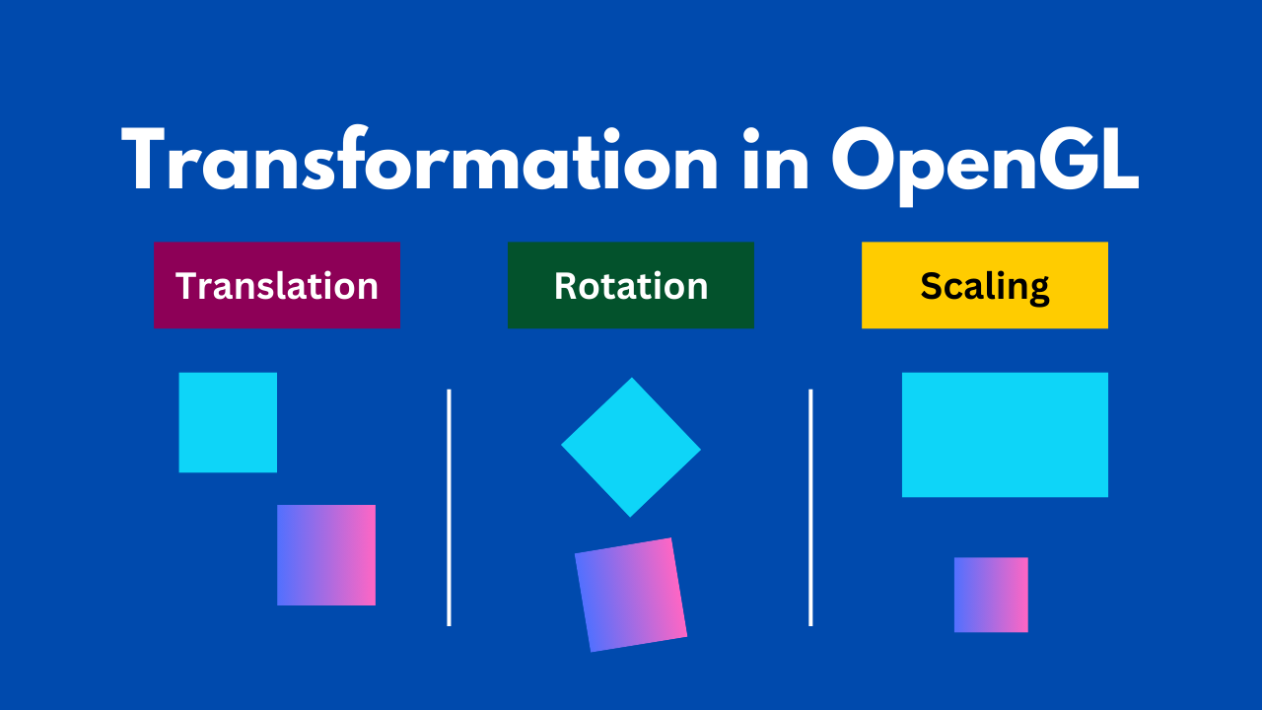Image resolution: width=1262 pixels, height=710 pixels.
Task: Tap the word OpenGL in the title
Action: [985, 165]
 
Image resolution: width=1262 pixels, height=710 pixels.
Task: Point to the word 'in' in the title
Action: [776, 160]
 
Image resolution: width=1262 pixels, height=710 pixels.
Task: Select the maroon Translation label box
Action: [277, 285]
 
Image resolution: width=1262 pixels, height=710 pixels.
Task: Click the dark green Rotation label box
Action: [631, 285]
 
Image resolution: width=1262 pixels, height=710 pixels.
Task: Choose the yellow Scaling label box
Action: [985, 285]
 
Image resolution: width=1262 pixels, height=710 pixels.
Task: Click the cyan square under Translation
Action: [228, 422]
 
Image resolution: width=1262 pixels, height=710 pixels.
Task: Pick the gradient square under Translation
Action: [326, 555]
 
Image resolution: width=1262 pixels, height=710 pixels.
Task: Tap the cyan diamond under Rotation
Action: [631, 448]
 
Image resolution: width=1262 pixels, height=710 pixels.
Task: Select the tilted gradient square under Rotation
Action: [631, 595]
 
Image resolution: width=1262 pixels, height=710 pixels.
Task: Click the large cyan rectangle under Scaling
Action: [1005, 435]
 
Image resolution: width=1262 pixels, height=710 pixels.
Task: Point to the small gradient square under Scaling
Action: [991, 595]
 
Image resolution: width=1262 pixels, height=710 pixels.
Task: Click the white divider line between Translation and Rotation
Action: [449, 507]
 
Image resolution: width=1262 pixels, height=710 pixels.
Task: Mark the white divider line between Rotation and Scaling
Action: [810, 507]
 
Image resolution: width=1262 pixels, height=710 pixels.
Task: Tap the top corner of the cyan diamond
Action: [632, 378]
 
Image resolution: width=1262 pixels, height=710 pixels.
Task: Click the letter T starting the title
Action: [143, 159]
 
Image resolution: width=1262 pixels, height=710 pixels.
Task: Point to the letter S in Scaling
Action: [933, 286]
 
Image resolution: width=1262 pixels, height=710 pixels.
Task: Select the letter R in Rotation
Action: [566, 286]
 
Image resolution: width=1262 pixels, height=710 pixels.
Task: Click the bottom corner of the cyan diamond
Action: [630, 516]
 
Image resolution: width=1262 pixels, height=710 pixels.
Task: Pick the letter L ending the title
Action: [1117, 159]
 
